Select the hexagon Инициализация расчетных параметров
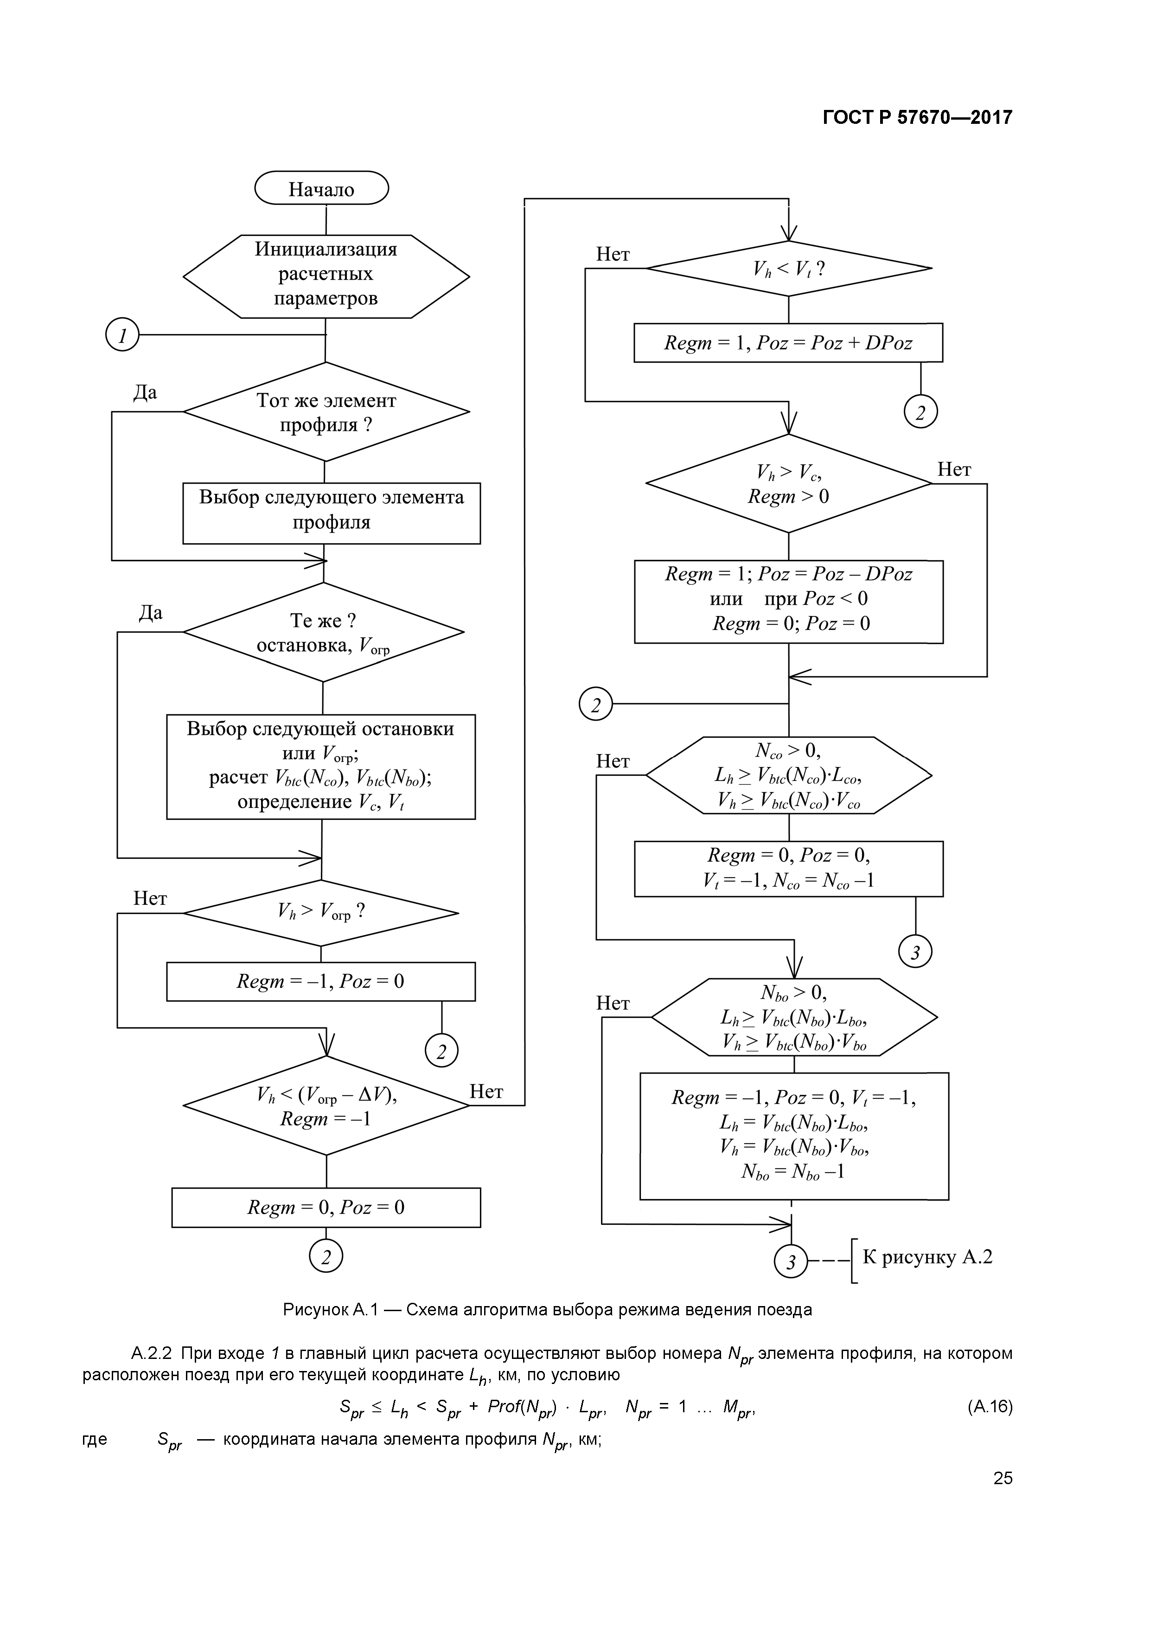pos(326,275)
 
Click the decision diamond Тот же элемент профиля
pos(326,412)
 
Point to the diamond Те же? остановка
pos(323,632)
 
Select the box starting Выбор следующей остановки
pos(320,767)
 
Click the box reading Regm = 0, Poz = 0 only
pos(326,1207)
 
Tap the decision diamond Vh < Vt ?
pos(789,269)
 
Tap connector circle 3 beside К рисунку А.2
pos(791,1262)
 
